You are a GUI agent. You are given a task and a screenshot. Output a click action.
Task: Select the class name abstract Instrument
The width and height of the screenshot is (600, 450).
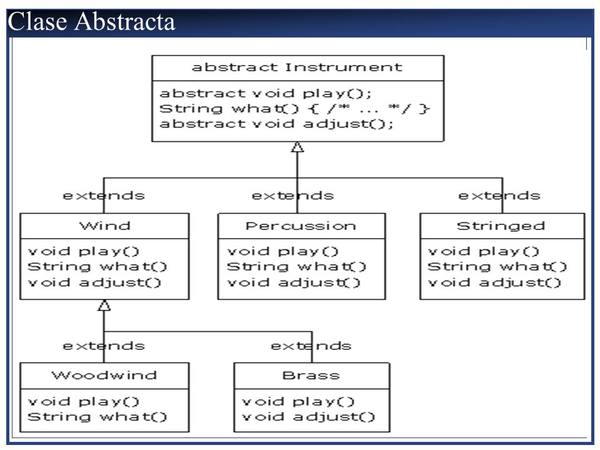click(x=297, y=67)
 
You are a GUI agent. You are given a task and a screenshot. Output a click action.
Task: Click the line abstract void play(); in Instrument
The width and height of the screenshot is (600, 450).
click(x=265, y=93)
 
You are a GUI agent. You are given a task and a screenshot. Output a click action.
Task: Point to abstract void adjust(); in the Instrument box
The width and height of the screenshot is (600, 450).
click(x=276, y=124)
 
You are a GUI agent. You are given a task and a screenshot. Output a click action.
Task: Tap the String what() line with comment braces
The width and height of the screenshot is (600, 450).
click(x=294, y=109)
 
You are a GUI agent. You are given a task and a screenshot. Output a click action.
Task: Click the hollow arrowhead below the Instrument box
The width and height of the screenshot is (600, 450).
click(x=297, y=147)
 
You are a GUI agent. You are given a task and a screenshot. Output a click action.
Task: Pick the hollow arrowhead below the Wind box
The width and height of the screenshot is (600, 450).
click(x=104, y=305)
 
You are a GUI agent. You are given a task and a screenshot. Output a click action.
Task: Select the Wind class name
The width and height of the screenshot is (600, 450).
click(x=104, y=226)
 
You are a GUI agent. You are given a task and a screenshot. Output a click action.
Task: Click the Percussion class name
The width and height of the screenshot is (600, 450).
click(x=301, y=226)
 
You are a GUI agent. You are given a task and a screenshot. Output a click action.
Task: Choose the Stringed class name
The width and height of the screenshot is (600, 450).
click(x=501, y=226)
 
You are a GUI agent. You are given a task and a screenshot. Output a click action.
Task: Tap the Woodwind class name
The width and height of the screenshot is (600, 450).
click(x=104, y=375)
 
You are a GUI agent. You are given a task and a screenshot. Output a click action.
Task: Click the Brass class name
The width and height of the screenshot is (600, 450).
click(x=311, y=376)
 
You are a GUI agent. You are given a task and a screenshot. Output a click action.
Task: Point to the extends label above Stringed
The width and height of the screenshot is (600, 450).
click(x=499, y=196)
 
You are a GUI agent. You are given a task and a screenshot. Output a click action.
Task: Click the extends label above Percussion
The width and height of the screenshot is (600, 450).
click(x=292, y=196)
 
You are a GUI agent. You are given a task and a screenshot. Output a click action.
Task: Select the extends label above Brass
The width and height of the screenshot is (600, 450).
click(x=311, y=346)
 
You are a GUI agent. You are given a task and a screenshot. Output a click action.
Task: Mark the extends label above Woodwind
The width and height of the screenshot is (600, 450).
click(x=104, y=346)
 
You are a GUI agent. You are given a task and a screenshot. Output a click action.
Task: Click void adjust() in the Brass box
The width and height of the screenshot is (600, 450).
click(x=308, y=417)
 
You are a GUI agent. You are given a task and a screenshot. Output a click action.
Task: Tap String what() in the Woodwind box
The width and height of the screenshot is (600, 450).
click(x=97, y=417)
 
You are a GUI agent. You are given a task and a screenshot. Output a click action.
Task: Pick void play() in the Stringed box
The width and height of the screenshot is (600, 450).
click(x=483, y=251)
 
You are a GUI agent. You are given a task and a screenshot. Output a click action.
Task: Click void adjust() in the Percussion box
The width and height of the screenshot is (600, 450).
click(x=294, y=282)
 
